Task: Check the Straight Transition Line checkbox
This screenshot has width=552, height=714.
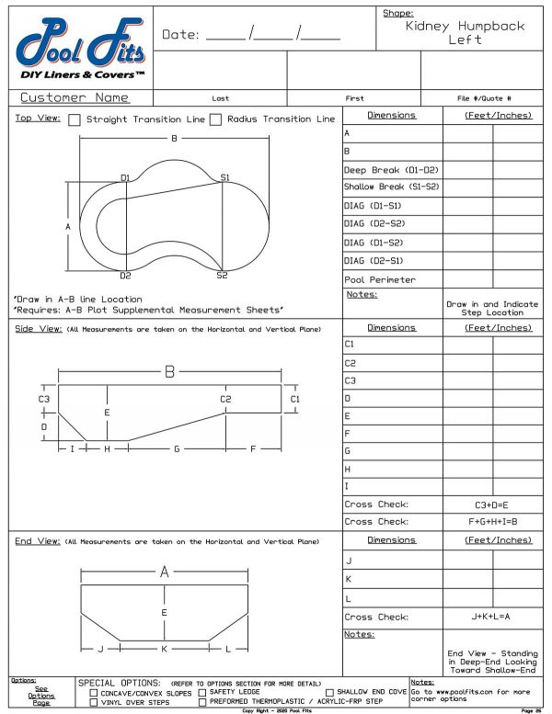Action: click(x=76, y=119)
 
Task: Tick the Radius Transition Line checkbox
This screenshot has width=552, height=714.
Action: click(x=216, y=119)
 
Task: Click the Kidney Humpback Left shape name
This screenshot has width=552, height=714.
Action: click(x=465, y=33)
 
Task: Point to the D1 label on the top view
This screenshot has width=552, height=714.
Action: click(x=125, y=177)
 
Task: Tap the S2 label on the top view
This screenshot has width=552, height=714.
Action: click(x=222, y=275)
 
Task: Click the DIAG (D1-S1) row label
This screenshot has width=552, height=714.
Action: click(x=374, y=206)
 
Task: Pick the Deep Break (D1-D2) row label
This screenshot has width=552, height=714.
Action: click(x=390, y=170)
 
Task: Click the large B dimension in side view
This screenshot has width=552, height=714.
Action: click(x=169, y=372)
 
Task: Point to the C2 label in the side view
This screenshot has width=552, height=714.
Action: click(x=225, y=399)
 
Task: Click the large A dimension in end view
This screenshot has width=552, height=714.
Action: click(x=165, y=572)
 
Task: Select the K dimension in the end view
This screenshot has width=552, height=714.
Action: click(x=164, y=649)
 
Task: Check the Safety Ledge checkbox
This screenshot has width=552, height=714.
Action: click(x=201, y=692)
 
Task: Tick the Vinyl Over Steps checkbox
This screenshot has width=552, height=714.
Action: click(x=94, y=702)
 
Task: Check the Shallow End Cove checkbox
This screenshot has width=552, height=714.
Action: click(x=329, y=692)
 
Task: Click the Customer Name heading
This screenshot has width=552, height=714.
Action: click(x=75, y=97)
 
